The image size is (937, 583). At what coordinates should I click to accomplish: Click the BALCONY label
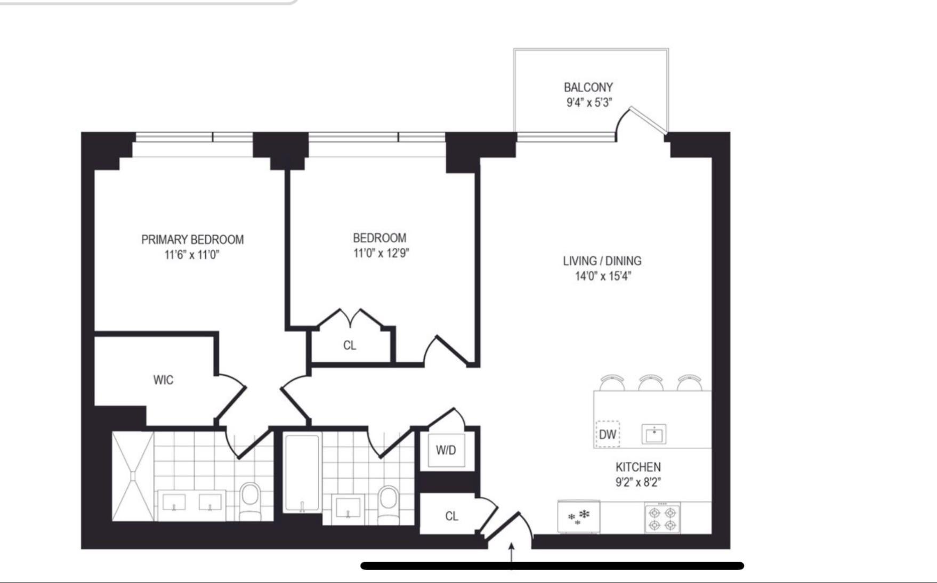pos(588,87)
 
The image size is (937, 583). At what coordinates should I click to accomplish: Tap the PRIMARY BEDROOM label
pos(192,240)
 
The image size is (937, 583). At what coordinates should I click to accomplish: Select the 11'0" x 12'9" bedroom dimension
pos(381,253)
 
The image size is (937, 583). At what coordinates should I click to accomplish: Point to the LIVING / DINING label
pos(602,261)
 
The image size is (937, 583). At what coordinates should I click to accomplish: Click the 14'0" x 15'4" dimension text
pos(603,276)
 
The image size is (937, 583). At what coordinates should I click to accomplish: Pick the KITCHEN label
pos(638,467)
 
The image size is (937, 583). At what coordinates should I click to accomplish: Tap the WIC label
pos(163,380)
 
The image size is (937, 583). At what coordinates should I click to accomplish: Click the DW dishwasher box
pos(608,434)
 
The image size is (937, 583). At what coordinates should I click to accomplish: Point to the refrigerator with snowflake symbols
pos(579,516)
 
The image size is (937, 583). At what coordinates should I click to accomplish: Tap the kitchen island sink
pos(654,434)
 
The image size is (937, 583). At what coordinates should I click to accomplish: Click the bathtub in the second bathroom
pos(302,473)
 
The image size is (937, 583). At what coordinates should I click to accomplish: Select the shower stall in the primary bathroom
pos(133,476)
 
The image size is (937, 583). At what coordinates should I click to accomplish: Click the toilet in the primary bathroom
pos(249,501)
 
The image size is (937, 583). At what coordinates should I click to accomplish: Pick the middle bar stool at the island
pos(651,382)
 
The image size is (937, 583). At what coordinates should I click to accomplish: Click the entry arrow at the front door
pos(512,556)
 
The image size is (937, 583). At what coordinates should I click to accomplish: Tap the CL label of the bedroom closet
pos(350,345)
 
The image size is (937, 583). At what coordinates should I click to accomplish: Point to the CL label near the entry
pos(451,516)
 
